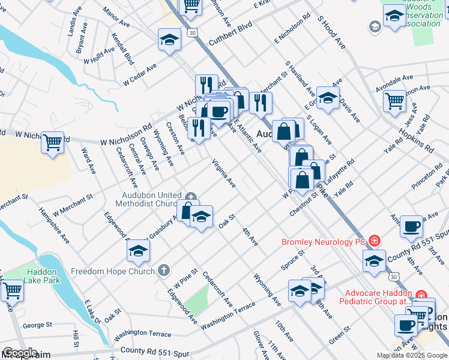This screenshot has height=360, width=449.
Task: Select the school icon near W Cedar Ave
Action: click(169, 40)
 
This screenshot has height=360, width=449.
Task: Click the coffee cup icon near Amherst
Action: click(411, 226)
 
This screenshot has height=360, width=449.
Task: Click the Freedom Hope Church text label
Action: click(113, 271)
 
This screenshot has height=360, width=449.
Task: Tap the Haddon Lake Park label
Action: click(41, 276)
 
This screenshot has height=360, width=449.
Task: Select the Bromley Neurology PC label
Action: click(324, 242)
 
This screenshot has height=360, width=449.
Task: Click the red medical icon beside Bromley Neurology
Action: click(374, 241)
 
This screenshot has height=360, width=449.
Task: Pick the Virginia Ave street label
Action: click(223, 173)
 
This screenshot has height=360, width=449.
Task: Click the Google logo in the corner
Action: click(20, 353)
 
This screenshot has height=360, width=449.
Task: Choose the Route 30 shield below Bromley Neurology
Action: click(393, 276)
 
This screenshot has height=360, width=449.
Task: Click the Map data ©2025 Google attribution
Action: click(411, 355)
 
